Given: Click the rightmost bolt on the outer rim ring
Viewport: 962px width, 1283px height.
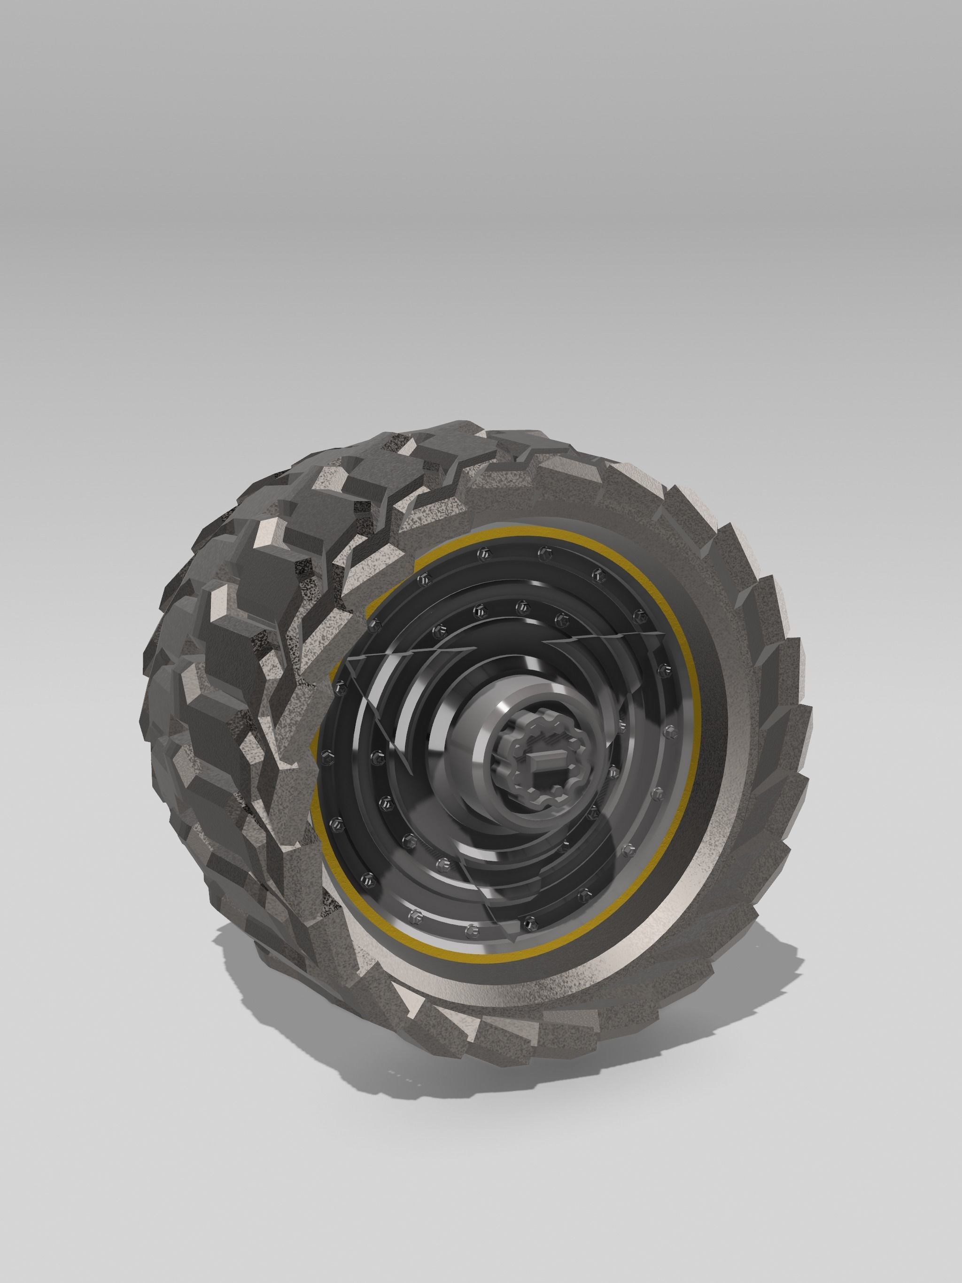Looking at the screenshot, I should coord(671,728).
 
